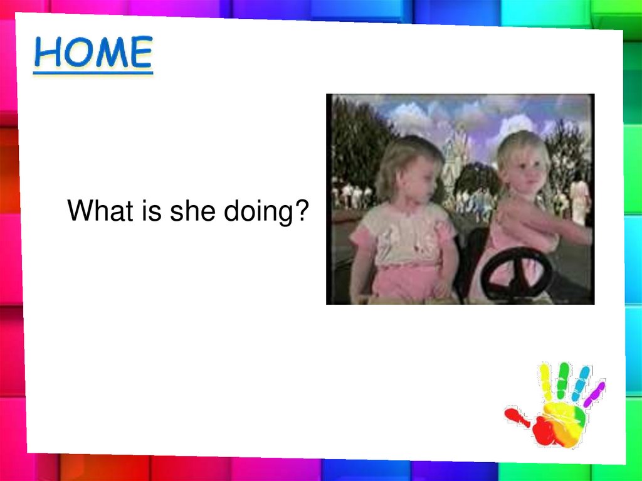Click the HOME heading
click(93, 52)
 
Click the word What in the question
click(100, 211)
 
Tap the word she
click(192, 211)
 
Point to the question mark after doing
click(302, 210)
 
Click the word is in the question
click(152, 211)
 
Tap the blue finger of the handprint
click(581, 384)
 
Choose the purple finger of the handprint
click(594, 394)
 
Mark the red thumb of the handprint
click(517, 417)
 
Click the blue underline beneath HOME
click(93, 73)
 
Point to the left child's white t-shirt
click(403, 233)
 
